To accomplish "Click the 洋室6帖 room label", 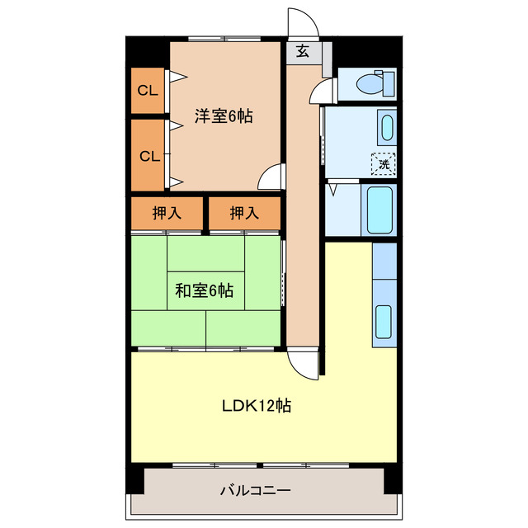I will [224, 116].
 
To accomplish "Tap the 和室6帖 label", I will [204, 290].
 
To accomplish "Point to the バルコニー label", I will [255, 491].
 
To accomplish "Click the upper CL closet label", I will [148, 91].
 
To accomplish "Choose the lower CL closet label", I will [148, 156].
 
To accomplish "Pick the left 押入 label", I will [167, 214].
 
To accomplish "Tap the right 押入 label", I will [243, 214].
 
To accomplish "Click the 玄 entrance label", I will [303, 52].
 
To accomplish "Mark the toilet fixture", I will [375, 83].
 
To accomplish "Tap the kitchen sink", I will [384, 322].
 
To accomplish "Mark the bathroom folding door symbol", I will [333, 189].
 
